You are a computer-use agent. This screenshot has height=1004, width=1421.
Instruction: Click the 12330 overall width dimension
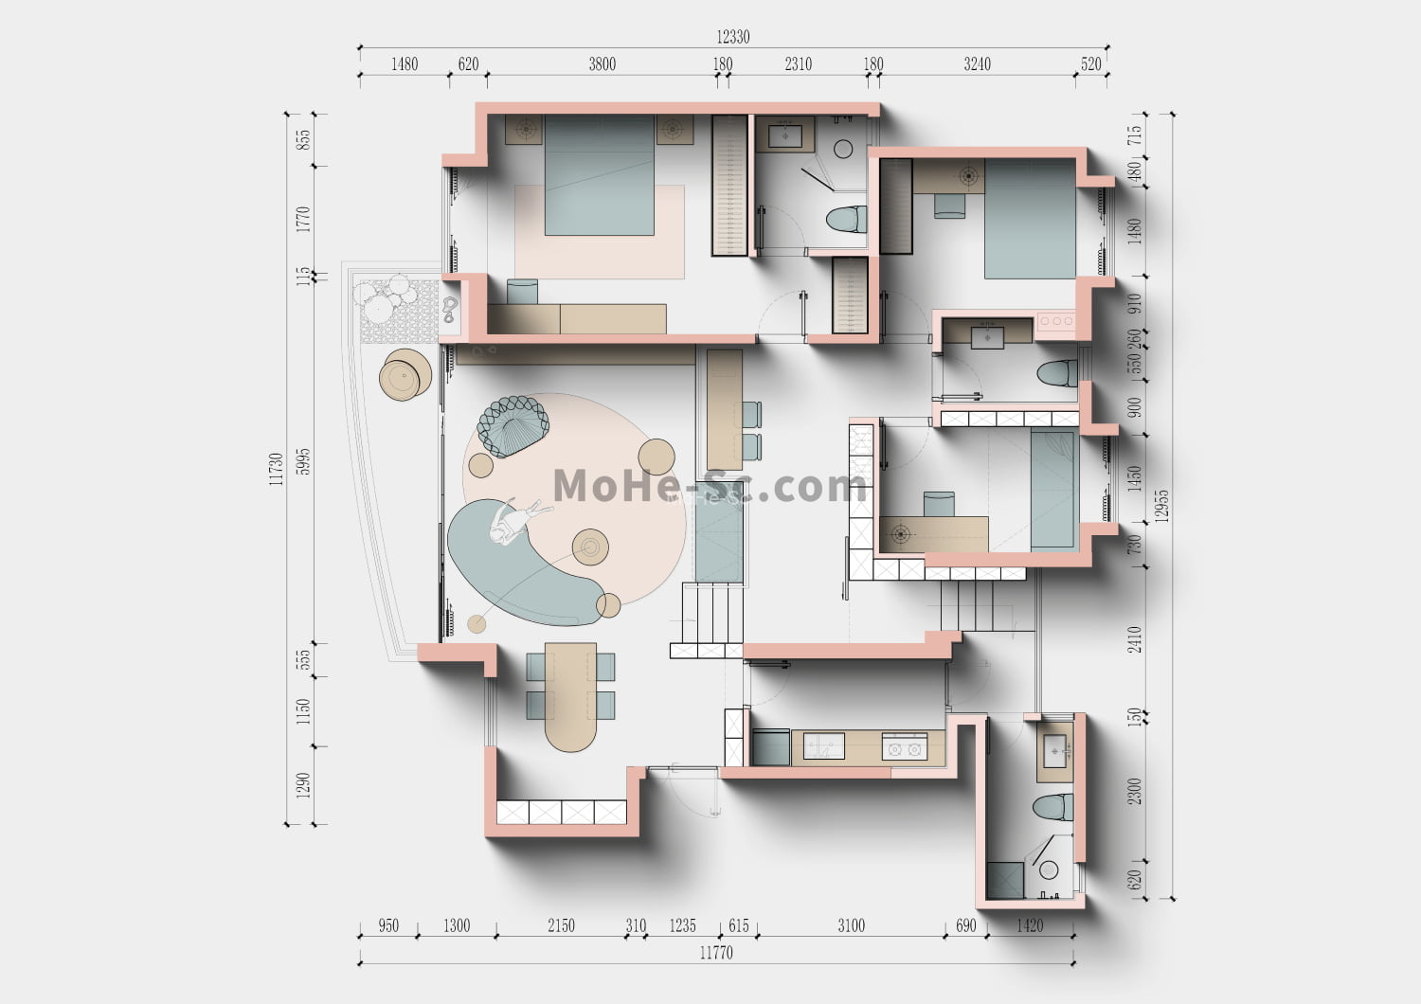coord(732,37)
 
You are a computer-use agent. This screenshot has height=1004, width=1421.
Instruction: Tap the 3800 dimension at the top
coord(602,64)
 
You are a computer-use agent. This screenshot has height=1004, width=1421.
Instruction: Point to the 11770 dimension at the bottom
coord(716,953)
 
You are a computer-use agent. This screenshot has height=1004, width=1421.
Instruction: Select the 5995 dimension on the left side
coord(304,461)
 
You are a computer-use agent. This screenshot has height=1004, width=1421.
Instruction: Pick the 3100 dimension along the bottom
coord(851,925)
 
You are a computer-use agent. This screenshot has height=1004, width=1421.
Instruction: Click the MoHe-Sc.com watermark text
coord(710,486)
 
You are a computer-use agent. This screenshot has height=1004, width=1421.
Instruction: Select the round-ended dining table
coord(570,697)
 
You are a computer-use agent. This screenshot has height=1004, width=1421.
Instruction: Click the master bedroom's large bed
coord(599,175)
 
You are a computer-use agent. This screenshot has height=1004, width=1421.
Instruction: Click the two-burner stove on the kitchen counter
coord(905,746)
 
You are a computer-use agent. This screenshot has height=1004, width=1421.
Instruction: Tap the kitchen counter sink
coord(823,745)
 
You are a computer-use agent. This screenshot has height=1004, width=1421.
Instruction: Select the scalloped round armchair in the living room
coord(513,425)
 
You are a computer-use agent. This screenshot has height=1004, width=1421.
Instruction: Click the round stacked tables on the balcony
coord(405,375)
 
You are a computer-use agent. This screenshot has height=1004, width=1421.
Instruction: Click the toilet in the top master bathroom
coord(846,219)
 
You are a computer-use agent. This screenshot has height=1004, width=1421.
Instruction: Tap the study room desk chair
coord(939,504)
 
